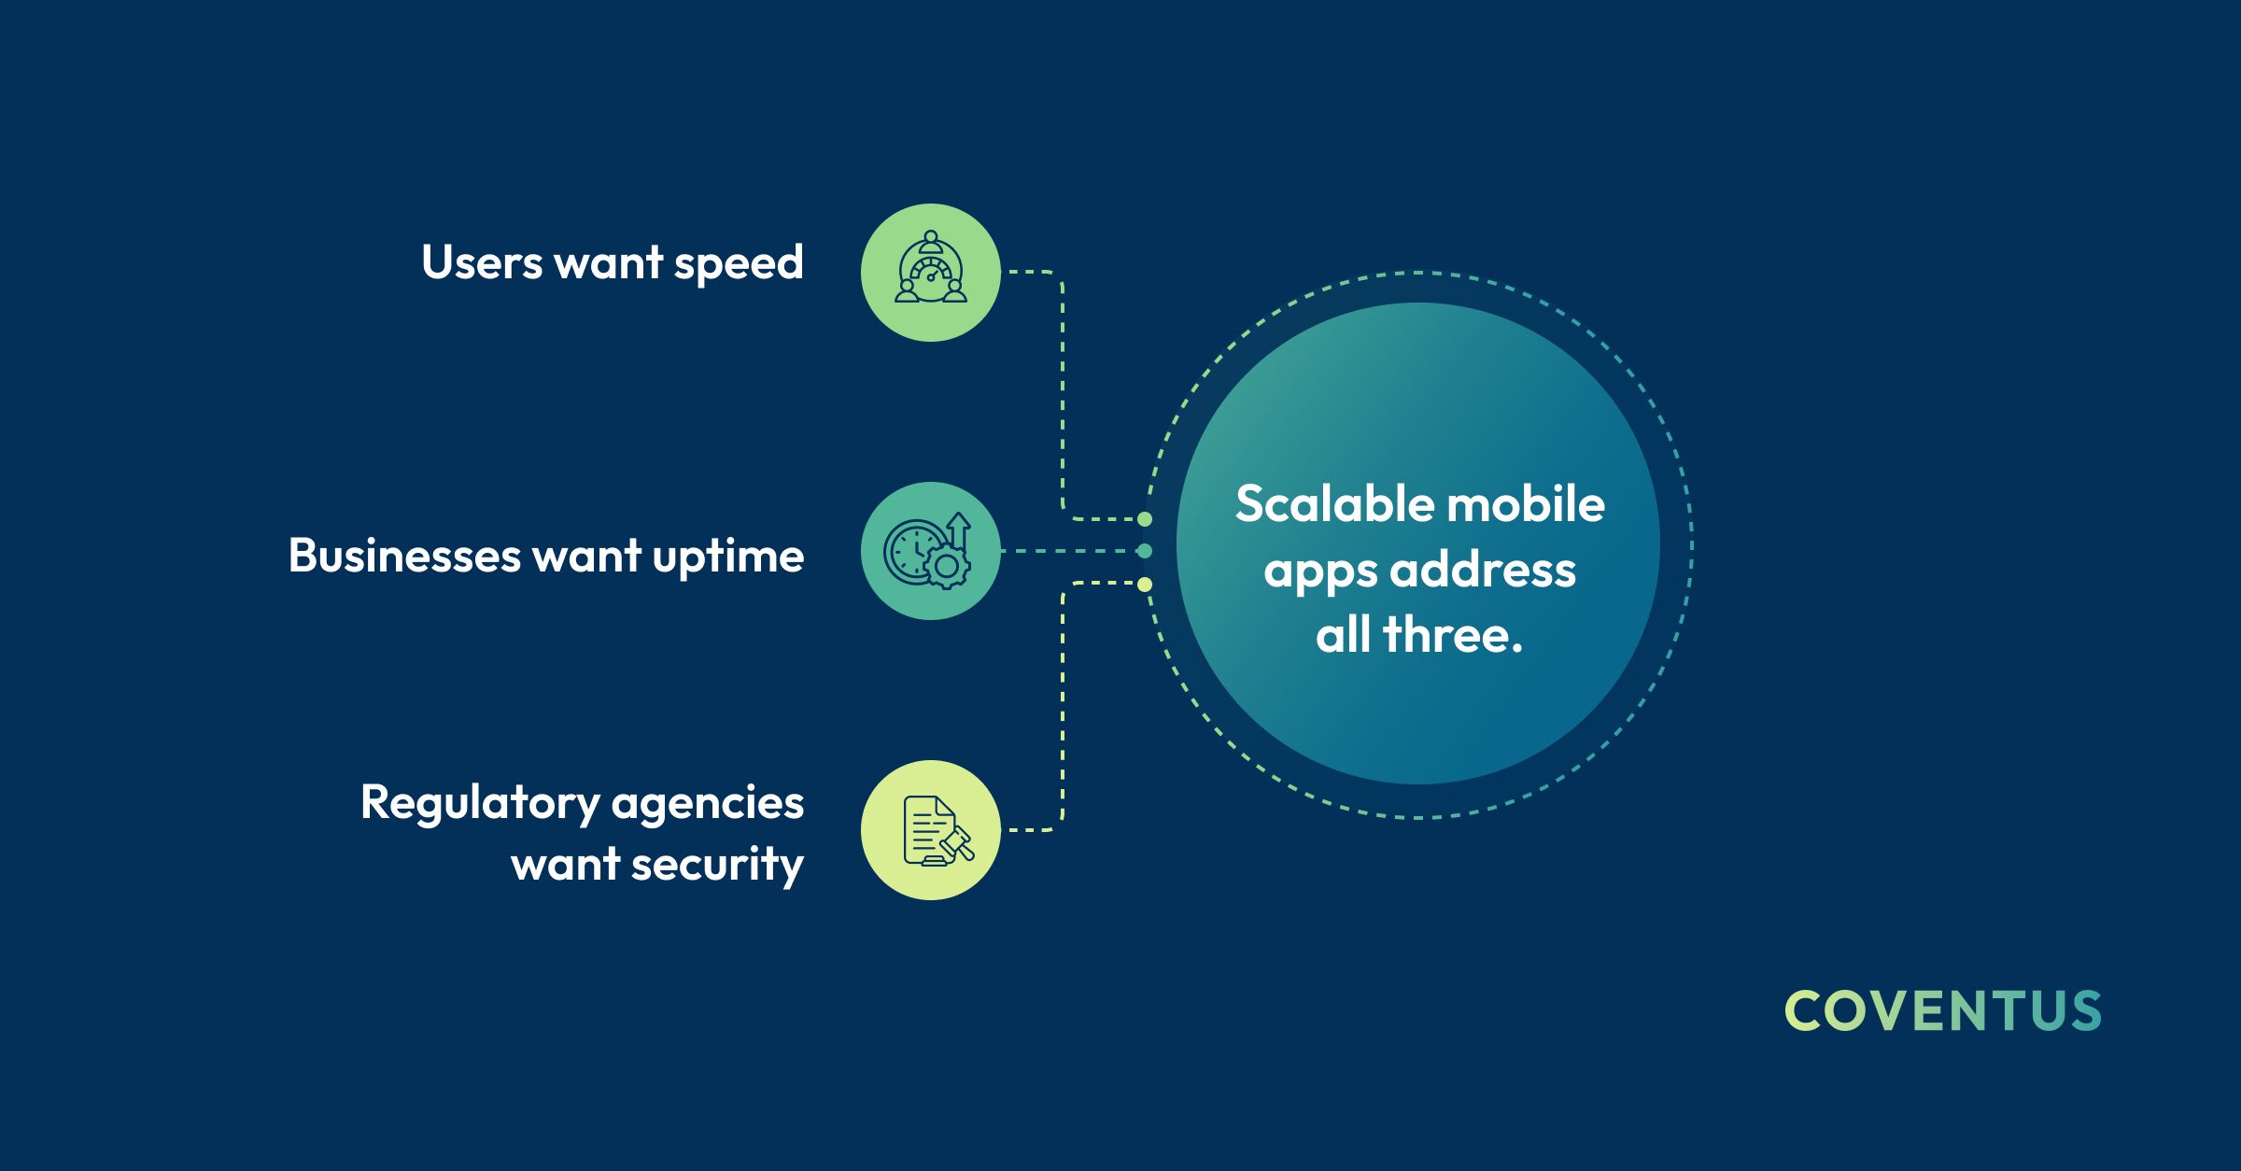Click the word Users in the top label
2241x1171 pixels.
(x=482, y=262)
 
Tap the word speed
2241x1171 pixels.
(x=739, y=265)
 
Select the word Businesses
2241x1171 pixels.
(x=404, y=556)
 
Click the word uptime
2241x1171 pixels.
(x=728, y=557)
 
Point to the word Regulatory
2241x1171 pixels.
(x=480, y=805)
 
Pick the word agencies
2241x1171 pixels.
(x=708, y=805)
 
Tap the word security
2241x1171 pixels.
(x=717, y=866)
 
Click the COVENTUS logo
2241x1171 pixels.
(x=1943, y=1011)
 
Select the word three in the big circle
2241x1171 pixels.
(x=1453, y=635)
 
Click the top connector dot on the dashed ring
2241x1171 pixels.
(x=1145, y=519)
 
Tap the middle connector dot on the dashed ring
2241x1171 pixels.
(x=1145, y=551)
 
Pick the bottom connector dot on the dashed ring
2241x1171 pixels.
(x=1145, y=585)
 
